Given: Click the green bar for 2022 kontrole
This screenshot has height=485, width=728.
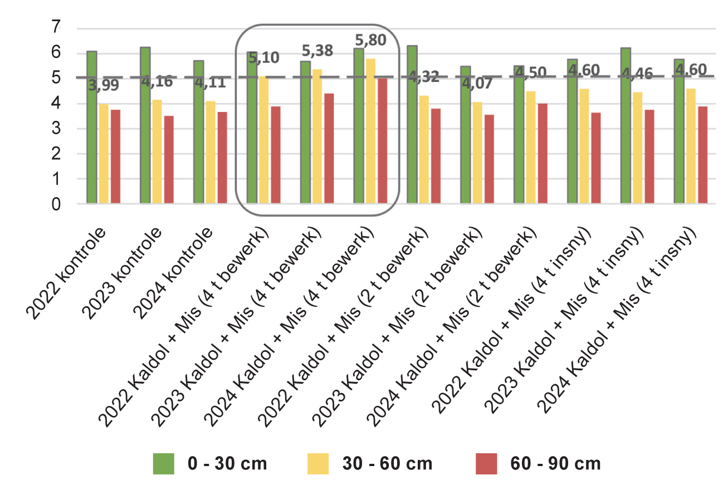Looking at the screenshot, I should click(92, 128).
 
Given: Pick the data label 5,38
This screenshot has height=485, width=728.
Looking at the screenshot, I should click(316, 51).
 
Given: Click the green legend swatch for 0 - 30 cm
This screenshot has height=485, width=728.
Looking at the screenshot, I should click(164, 463).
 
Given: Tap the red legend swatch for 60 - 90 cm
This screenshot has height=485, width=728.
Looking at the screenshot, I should click(486, 463).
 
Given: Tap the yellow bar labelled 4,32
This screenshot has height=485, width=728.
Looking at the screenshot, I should click(424, 150).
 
